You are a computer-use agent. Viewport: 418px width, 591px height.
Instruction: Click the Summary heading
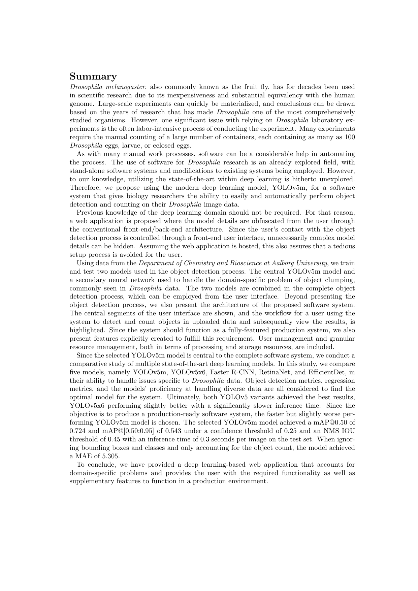click(93, 76)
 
